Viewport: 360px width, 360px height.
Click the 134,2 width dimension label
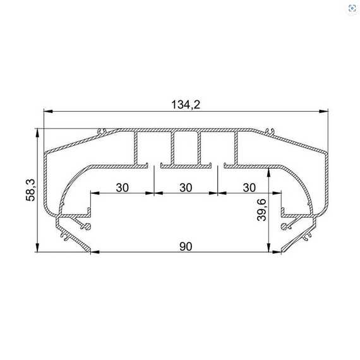point(186,105)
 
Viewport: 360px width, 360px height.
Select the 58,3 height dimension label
point(30,190)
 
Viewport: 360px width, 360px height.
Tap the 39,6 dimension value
point(261,210)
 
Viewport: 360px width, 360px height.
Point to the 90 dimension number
point(186,246)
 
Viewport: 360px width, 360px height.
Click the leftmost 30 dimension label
point(122,188)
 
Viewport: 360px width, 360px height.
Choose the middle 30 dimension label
point(186,188)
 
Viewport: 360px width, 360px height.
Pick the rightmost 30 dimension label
point(249,188)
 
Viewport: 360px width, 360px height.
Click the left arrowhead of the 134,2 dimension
point(49,111)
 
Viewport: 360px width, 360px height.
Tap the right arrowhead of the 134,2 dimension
point(323,111)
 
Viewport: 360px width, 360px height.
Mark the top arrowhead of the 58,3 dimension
point(37,133)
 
